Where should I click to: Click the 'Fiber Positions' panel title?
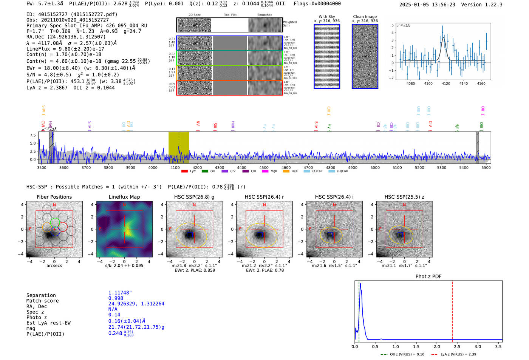[54, 197]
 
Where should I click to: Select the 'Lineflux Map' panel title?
[124, 197]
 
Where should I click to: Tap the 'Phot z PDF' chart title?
[428, 276]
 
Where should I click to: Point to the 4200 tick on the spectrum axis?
[197, 167]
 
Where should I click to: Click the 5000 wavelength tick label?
[375, 167]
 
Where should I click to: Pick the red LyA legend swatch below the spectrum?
[184, 171]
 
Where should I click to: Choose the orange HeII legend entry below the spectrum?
[286, 171]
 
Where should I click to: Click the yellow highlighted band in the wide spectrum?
[179, 147]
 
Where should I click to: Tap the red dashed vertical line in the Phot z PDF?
[452, 310]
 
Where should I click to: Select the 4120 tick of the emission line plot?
[446, 83]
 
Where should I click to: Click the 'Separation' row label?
[41, 295]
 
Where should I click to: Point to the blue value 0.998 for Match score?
[116, 298]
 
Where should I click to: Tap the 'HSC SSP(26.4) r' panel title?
[264, 197]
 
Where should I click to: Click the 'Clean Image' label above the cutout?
[365, 17]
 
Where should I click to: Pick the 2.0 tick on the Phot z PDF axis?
[436, 346]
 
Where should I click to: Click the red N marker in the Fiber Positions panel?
[54, 205]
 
